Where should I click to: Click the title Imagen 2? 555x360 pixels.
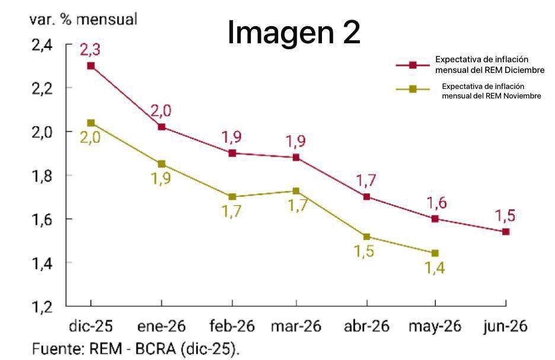click(294, 33)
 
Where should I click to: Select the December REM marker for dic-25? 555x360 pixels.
click(91, 66)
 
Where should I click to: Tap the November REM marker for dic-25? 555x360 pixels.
click(91, 123)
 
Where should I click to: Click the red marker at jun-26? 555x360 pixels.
click(506, 231)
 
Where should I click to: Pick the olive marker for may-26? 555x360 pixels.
click(435, 253)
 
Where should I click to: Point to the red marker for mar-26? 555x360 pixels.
click(296, 157)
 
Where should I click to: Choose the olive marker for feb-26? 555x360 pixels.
click(232, 196)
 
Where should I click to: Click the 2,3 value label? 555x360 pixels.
click(90, 50)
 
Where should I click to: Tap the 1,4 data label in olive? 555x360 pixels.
click(435, 269)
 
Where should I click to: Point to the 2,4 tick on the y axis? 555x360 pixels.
click(43, 45)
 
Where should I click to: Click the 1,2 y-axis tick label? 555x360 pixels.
click(43, 307)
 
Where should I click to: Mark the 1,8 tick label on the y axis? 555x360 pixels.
click(43, 176)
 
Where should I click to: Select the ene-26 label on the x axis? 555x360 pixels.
click(161, 327)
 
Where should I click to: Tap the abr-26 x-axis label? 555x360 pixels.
click(366, 327)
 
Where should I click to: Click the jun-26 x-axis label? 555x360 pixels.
click(505, 327)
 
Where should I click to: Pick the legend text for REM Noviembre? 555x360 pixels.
click(492, 91)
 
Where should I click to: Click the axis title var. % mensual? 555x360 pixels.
click(84, 19)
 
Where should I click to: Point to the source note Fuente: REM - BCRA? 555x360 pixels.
click(137, 349)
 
